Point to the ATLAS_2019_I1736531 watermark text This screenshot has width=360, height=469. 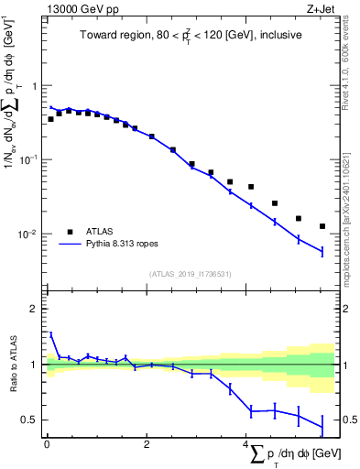point(191,273)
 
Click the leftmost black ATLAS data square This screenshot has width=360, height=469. point(50,119)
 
